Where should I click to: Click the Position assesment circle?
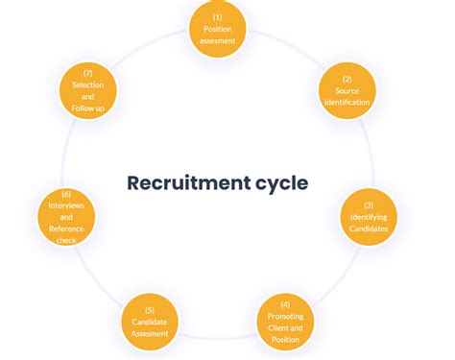click(x=218, y=29)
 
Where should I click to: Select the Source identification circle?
click(x=346, y=89)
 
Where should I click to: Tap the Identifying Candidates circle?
click(x=369, y=218)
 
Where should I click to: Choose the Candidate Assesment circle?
click(x=150, y=322)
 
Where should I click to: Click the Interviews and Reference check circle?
click(x=67, y=217)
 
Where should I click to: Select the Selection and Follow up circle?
click(x=87, y=90)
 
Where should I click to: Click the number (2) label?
click(x=346, y=78)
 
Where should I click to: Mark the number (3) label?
click(x=369, y=205)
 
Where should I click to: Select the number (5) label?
click(x=150, y=309)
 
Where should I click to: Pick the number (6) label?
click(x=67, y=194)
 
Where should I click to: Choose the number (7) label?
click(x=87, y=72)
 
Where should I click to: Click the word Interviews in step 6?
click(x=67, y=205)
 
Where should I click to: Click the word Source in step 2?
click(x=346, y=90)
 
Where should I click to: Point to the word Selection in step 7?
click(x=87, y=84)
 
